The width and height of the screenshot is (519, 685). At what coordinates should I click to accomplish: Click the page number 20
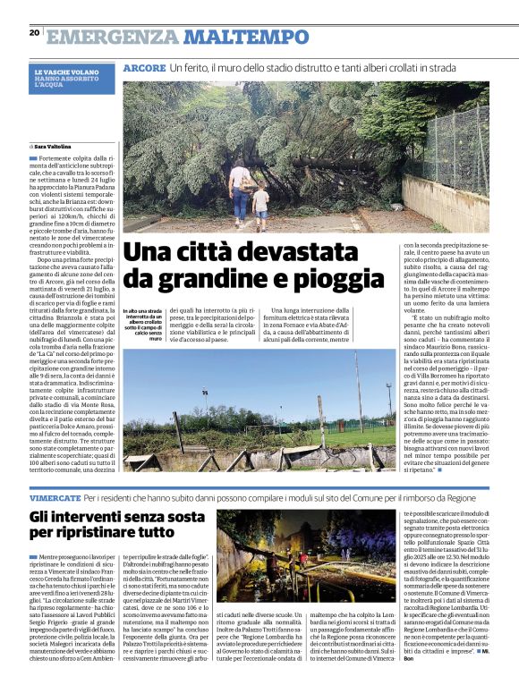point(34,32)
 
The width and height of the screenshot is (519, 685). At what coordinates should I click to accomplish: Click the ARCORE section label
point(143,69)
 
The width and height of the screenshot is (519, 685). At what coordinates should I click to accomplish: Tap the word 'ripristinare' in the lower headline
point(100,533)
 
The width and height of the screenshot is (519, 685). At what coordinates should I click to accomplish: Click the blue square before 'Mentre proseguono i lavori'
point(32,557)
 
